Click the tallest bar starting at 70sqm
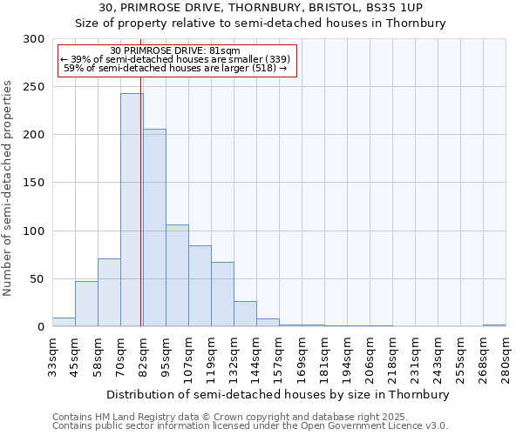coord(132,210)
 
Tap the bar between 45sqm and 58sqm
coord(86,304)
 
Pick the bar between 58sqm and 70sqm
coord(109,292)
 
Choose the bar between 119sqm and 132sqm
coord(222,294)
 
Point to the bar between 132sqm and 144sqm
coord(245,313)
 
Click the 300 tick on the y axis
coord(34,39)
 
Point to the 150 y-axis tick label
coord(34,183)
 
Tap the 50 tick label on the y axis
coord(37,279)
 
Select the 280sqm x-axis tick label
coord(506,358)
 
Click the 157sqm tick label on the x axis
coord(280,358)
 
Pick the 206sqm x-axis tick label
coord(370,358)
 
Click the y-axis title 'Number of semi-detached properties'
coord(8,188)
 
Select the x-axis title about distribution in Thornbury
coord(279,394)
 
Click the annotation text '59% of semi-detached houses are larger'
coord(176,68)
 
